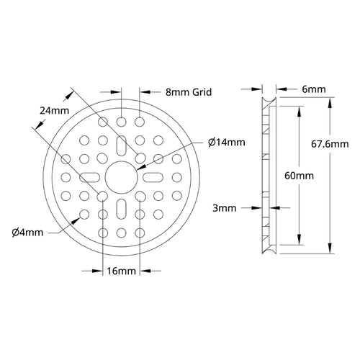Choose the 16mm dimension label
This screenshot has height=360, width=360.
[122, 271]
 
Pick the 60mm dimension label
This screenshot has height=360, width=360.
[293, 175]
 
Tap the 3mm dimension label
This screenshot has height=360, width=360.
[225, 209]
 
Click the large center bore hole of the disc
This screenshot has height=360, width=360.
[122, 176]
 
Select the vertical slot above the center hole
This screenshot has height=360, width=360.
[122, 145]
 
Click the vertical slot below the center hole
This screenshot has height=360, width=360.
[122, 210]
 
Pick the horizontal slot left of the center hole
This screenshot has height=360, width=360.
[89, 176]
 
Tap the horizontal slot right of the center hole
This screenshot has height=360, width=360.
[154, 176]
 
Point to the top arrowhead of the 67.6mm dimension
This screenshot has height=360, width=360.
[329, 99]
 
